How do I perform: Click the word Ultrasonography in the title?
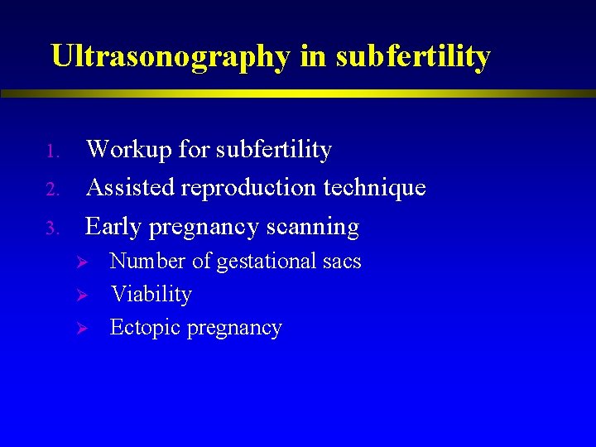click(x=170, y=56)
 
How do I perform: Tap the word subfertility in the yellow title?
click(x=415, y=56)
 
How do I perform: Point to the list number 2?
click(x=50, y=190)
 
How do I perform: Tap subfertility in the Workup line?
click(x=273, y=150)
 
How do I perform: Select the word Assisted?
click(x=131, y=188)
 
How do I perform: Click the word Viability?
click(x=151, y=295)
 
